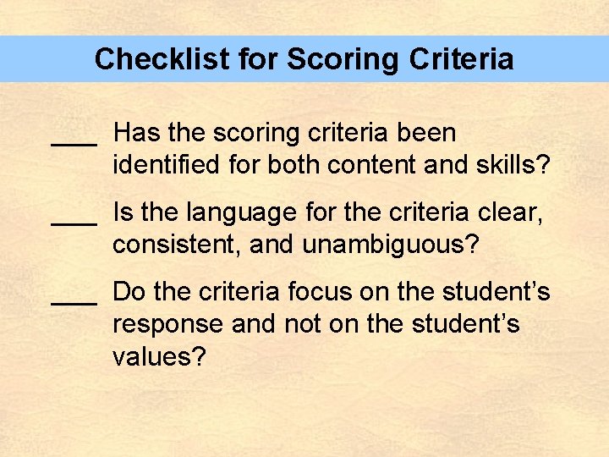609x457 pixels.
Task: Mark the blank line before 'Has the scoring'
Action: [x=74, y=144]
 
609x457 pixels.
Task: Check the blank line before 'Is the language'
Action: [x=74, y=223]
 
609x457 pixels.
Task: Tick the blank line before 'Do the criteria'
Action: [x=74, y=303]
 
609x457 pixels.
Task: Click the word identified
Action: [x=167, y=164]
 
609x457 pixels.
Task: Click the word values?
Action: [x=159, y=356]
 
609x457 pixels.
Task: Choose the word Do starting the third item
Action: [x=130, y=292]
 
